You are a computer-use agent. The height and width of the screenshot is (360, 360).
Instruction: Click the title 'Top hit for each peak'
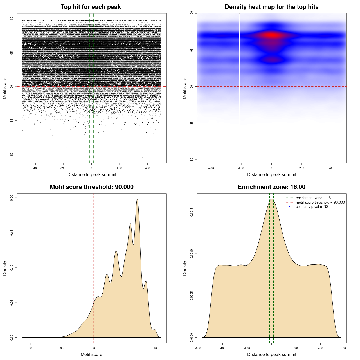point(91,7)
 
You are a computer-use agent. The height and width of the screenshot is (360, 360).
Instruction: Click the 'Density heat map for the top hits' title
point(271,7)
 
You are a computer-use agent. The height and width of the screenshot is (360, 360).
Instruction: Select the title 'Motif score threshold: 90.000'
point(91,187)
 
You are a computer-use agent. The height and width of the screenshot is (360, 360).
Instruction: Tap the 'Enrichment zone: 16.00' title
point(271,187)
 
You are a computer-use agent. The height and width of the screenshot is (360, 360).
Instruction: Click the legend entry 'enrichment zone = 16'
point(313,198)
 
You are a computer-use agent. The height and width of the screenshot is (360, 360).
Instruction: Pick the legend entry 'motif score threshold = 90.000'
point(320,202)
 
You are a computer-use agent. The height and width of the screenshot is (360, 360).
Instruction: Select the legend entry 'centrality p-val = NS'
point(312,207)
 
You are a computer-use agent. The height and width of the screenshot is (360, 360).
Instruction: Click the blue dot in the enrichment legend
point(289,207)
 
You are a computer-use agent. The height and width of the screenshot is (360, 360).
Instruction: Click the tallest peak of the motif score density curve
point(137,199)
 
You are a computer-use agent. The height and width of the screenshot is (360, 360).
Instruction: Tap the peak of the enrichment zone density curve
point(272,199)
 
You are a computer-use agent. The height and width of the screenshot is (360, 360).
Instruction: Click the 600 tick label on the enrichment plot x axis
point(345,348)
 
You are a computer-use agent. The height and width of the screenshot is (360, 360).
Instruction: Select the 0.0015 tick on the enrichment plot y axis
point(192,212)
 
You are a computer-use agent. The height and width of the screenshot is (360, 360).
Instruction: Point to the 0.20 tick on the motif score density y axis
point(12,198)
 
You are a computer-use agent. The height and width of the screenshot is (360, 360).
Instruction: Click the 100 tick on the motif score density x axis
point(156,348)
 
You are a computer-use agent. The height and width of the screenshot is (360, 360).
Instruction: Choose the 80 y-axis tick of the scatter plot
point(12,154)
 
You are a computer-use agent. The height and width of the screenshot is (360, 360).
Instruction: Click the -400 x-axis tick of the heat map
point(211,168)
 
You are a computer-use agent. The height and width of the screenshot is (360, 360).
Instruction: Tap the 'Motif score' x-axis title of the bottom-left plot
point(91,354)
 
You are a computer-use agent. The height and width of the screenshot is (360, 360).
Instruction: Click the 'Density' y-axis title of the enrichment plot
point(185,268)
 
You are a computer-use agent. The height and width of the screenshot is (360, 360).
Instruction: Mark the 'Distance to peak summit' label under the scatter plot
point(92,174)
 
